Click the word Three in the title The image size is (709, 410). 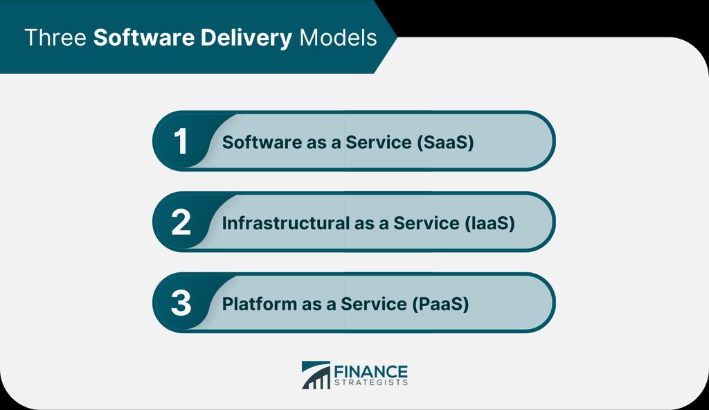(55, 37)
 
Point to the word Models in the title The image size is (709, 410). (338, 37)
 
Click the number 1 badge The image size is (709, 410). (181, 141)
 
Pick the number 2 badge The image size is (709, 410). (181, 223)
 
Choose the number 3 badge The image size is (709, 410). (181, 304)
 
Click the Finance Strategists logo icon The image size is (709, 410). (316, 375)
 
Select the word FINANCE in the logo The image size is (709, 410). (372, 371)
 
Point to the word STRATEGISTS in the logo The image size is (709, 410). (372, 382)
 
